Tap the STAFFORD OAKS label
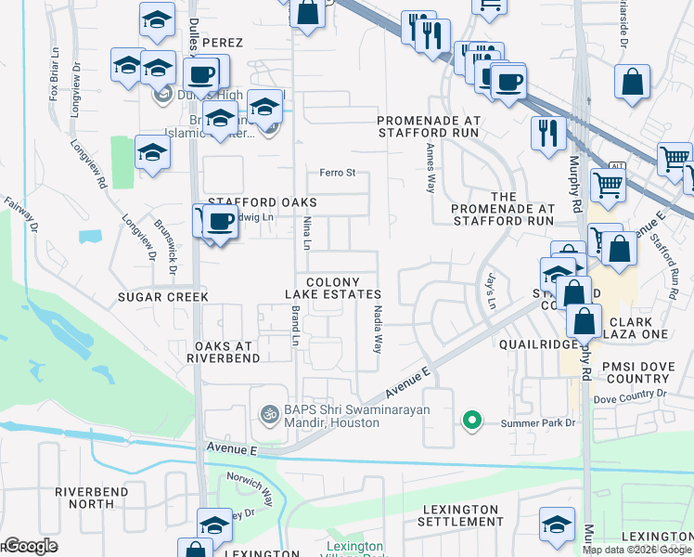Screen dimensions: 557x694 [x=262, y=202]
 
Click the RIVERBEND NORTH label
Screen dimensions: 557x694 [x=97, y=498]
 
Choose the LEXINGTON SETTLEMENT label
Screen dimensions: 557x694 [x=461, y=515]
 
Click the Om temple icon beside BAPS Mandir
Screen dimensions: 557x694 [x=270, y=413]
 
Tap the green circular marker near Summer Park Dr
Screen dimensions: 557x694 [x=472, y=421]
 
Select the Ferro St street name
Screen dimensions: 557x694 [x=338, y=173]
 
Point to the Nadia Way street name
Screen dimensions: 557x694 [x=378, y=330]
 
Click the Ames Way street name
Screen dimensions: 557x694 [x=431, y=167]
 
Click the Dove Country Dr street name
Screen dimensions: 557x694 [x=629, y=397]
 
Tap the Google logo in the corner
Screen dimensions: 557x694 [x=30, y=546]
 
